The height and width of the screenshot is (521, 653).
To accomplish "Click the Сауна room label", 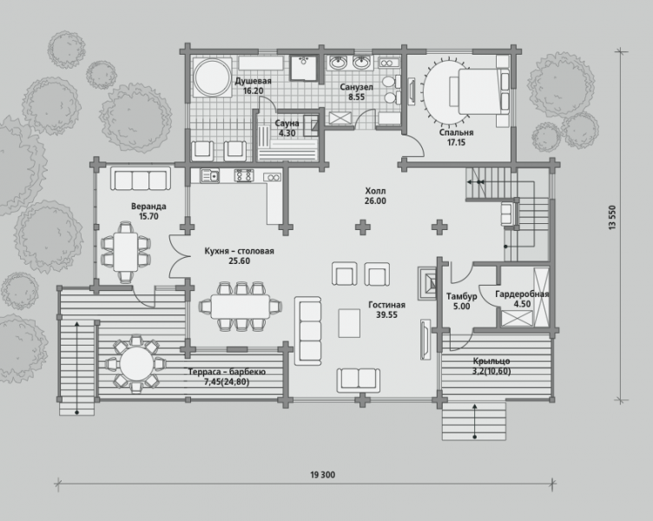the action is (x=287, y=123).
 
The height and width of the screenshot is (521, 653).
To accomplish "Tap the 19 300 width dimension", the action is (x=322, y=475).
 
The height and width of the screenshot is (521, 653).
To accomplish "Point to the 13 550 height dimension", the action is (x=612, y=217).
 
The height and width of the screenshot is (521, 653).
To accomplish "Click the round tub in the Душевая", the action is (x=213, y=77).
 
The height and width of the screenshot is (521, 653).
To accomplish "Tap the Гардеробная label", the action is (x=522, y=294).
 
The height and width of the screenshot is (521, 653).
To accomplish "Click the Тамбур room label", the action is (x=461, y=296).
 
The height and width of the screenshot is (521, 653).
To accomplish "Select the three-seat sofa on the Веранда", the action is (x=141, y=179).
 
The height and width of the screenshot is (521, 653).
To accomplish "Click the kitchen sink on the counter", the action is (x=209, y=175).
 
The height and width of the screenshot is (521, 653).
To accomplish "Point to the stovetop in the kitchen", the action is (x=244, y=175).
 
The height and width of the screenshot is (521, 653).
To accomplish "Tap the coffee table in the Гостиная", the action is (x=349, y=323).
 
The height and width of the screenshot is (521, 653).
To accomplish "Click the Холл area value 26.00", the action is (x=375, y=201).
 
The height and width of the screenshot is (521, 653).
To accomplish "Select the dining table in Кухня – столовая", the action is (x=241, y=307).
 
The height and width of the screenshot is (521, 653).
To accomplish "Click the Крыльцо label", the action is (x=491, y=361).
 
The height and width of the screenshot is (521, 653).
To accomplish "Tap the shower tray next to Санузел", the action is (x=303, y=67).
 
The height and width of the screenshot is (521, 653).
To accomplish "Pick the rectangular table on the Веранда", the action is (x=125, y=253).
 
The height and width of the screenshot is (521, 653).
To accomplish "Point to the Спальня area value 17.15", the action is (x=457, y=142).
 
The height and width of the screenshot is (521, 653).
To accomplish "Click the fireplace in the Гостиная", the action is (x=427, y=282).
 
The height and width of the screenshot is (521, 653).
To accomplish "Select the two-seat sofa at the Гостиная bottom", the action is (x=358, y=379).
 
